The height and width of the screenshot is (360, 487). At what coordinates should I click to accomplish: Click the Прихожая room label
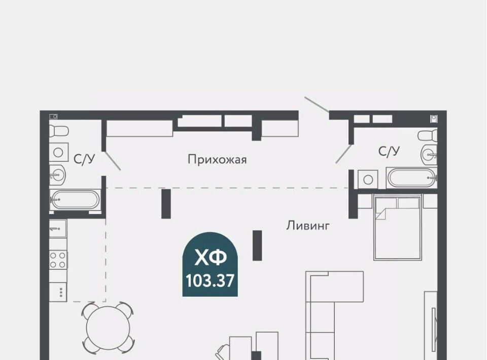(x=217, y=160)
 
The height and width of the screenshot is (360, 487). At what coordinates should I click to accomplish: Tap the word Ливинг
(x=308, y=226)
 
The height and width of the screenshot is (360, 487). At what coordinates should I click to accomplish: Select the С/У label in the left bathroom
(x=84, y=159)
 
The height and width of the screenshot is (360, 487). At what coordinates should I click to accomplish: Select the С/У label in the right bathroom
(x=389, y=151)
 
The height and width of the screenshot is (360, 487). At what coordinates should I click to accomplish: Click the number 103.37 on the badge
(x=210, y=281)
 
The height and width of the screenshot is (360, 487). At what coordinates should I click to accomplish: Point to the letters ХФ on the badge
(x=210, y=258)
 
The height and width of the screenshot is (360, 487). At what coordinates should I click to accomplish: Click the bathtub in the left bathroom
(x=75, y=200)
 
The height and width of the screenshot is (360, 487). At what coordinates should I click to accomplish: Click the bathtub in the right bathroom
(x=412, y=178)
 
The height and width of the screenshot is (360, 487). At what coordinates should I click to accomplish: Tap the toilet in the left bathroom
(x=59, y=131)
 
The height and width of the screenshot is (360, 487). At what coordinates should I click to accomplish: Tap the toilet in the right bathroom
(x=427, y=135)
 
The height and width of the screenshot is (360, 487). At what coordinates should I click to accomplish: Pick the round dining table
(x=108, y=328)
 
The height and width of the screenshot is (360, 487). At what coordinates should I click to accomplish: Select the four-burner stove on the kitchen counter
(x=58, y=260)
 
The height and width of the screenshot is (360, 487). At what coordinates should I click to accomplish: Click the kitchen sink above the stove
(x=58, y=229)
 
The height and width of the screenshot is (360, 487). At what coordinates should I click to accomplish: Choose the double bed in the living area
(x=398, y=228)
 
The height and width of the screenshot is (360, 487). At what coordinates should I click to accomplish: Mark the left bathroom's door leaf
(x=113, y=161)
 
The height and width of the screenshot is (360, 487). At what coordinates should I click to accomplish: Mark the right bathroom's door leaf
(x=344, y=154)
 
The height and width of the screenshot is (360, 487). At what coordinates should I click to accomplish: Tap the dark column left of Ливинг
(x=257, y=245)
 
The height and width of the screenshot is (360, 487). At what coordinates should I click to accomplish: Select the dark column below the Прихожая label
(x=166, y=204)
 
